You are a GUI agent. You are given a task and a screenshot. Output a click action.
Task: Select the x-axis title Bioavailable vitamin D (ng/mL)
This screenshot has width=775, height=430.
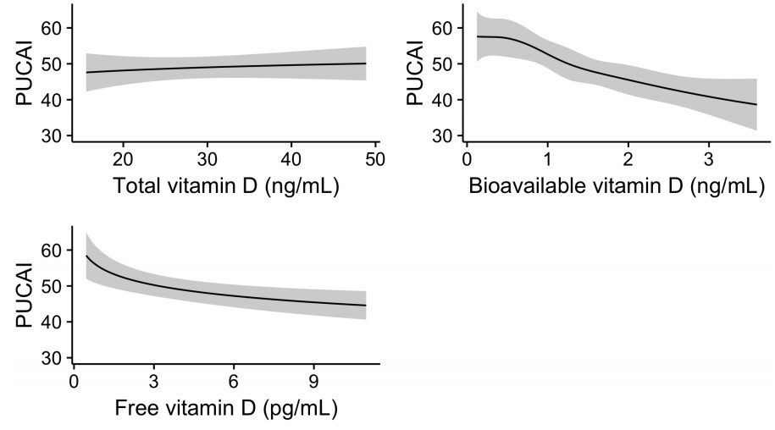coord(616,186)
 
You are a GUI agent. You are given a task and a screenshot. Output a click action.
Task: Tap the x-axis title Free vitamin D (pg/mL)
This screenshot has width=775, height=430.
coord(225,410)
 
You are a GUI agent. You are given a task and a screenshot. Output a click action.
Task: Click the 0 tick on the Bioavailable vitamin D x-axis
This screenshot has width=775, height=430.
coord(467,159)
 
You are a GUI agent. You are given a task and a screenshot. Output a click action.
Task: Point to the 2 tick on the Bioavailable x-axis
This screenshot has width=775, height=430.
coord(628,159)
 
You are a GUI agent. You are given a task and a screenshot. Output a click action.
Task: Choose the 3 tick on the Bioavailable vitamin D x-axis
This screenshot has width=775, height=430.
coord(708,159)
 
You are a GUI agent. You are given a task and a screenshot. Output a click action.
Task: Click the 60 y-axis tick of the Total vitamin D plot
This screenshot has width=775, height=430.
coord(53,28)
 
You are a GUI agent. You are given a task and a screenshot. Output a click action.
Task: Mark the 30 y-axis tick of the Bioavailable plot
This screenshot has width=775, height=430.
coord(443,135)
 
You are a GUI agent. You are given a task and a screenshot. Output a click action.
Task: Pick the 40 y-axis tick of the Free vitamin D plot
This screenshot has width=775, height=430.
coord(53,322)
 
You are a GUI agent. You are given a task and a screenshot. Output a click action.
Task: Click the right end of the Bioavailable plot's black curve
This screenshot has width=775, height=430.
coord(756,105)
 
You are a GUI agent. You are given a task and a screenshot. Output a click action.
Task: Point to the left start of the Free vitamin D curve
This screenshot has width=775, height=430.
coord(86,256)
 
